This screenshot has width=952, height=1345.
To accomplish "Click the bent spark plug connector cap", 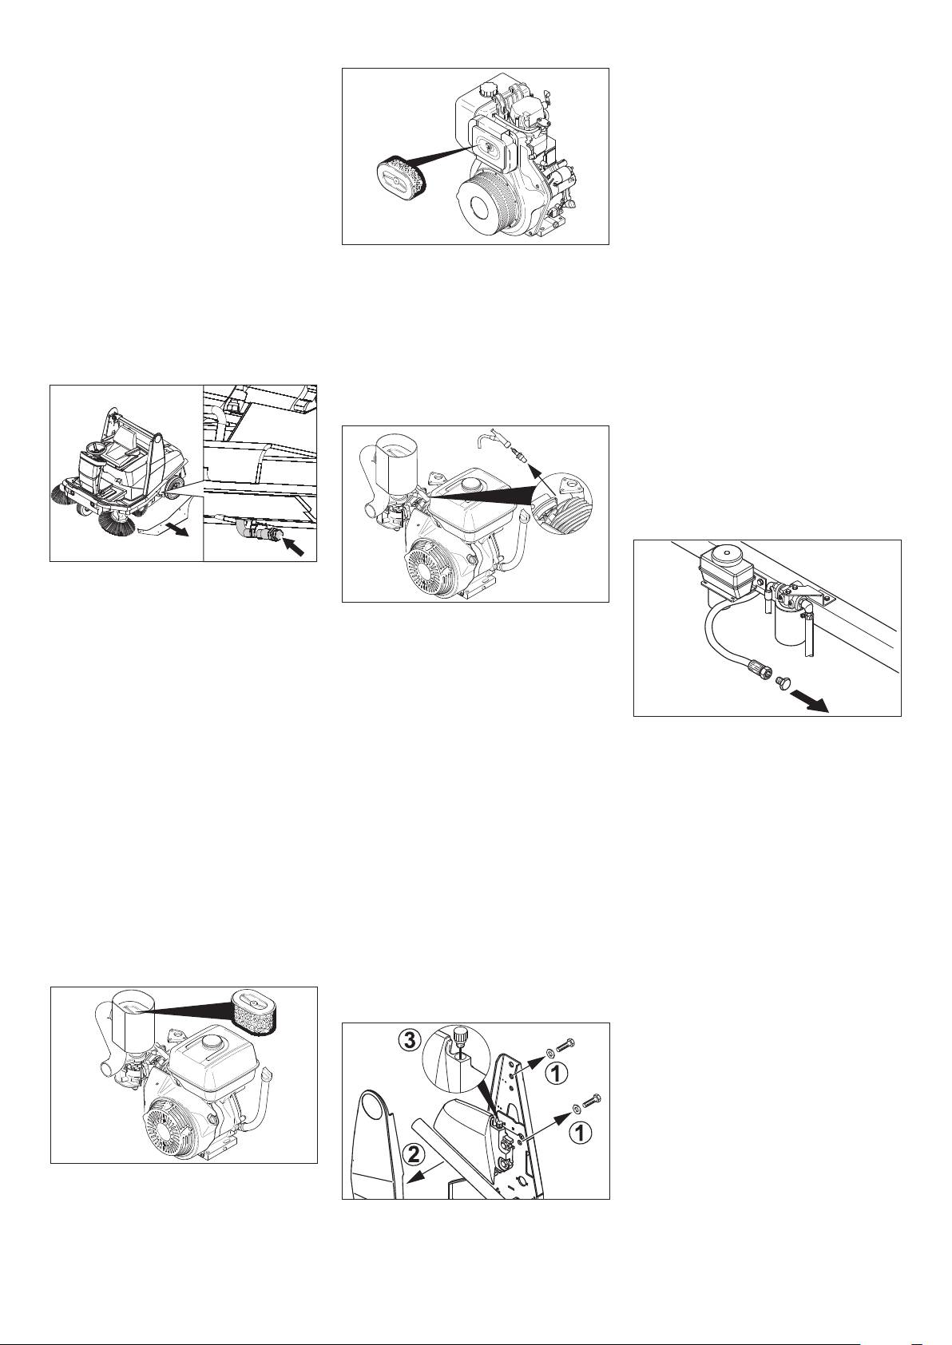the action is [x=491, y=438].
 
